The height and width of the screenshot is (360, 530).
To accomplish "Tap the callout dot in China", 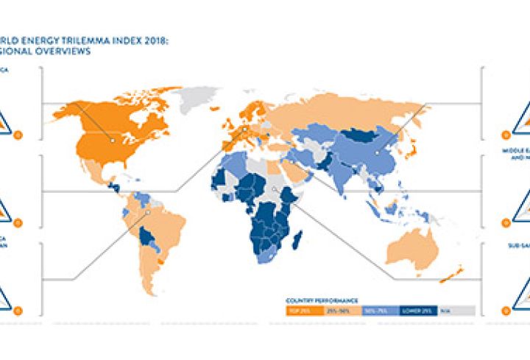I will click(x=375, y=153).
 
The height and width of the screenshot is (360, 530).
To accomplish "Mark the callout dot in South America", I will click(x=147, y=213).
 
